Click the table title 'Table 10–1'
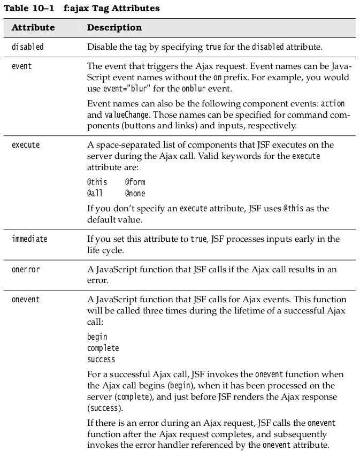click(x=25, y=9)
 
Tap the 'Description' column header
click(x=114, y=27)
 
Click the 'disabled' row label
click(x=27, y=47)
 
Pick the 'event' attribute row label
click(x=21, y=66)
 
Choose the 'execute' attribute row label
click(x=26, y=144)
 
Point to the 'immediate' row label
click(x=29, y=239)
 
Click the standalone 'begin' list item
click(x=97, y=337)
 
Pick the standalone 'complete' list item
click(x=103, y=348)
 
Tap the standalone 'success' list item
click(x=101, y=359)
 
